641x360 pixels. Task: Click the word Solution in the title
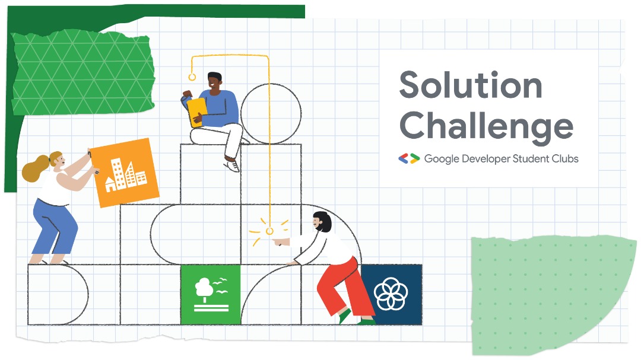(x=470, y=85)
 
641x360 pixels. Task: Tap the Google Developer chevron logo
(x=409, y=158)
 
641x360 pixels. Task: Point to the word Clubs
(x=563, y=158)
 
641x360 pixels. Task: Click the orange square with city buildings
(x=126, y=173)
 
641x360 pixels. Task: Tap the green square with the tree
(x=211, y=294)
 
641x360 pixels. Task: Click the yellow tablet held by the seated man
(x=196, y=111)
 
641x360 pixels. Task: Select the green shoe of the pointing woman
(x=344, y=317)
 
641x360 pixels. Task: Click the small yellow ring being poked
(x=269, y=231)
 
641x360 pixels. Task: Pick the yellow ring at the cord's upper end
(x=192, y=77)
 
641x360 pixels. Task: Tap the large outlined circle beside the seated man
(x=270, y=113)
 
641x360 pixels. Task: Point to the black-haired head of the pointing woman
(x=322, y=221)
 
